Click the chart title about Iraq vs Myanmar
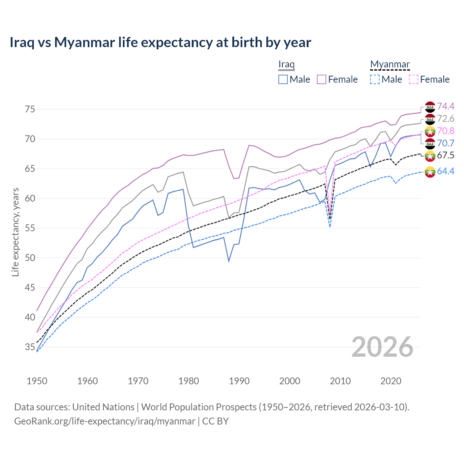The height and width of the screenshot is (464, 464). (160, 42)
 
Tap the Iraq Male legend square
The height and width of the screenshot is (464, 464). (283, 79)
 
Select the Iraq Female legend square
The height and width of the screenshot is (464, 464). (322, 79)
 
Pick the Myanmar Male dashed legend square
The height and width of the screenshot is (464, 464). (375, 79)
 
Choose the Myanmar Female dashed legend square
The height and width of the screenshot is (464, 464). (413, 79)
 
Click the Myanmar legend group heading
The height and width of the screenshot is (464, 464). (390, 65)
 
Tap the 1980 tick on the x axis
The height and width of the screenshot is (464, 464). (188, 381)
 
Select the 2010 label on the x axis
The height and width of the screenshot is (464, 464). (340, 381)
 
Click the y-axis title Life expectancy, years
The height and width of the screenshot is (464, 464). (15, 232)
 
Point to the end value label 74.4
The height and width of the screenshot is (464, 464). (446, 106)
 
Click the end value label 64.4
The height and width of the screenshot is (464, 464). (446, 171)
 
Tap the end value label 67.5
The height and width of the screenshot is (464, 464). (446, 156)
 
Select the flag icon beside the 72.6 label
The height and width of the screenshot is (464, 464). (430, 119)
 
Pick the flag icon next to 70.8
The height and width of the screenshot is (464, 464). (430, 131)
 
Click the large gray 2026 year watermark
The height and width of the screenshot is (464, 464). (382, 347)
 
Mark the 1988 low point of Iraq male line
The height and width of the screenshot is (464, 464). (229, 261)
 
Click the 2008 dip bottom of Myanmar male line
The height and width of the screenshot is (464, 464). (330, 227)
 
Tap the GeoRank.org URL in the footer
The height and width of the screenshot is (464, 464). (105, 421)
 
